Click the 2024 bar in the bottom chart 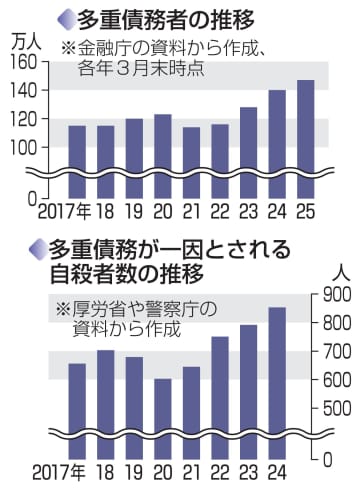click(x=277, y=375)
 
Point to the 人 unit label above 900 click(x=336, y=270)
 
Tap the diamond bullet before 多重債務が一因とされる click(x=38, y=246)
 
